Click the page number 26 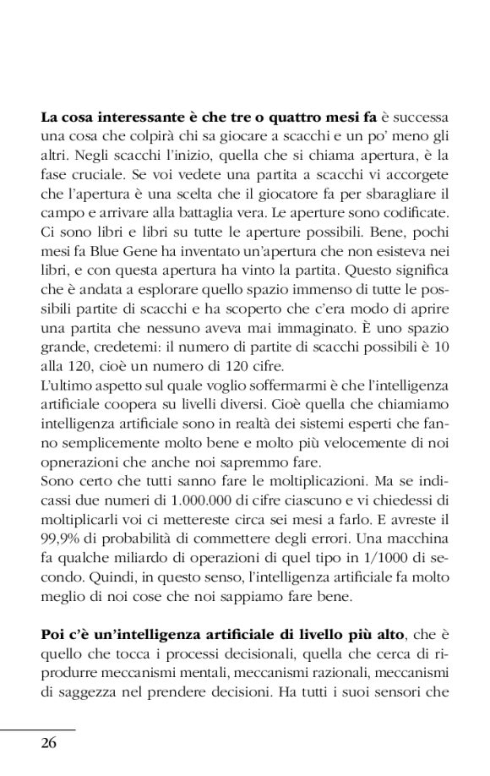click(48, 743)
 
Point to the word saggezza click(93, 694)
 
